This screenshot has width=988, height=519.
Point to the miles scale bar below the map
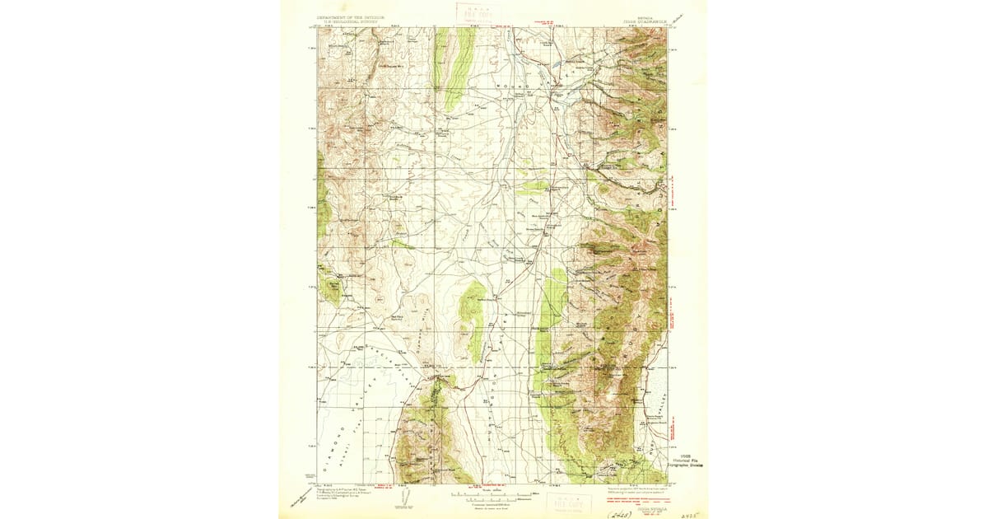click(x=493, y=493)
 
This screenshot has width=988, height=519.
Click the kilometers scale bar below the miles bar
click(x=493, y=500)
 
